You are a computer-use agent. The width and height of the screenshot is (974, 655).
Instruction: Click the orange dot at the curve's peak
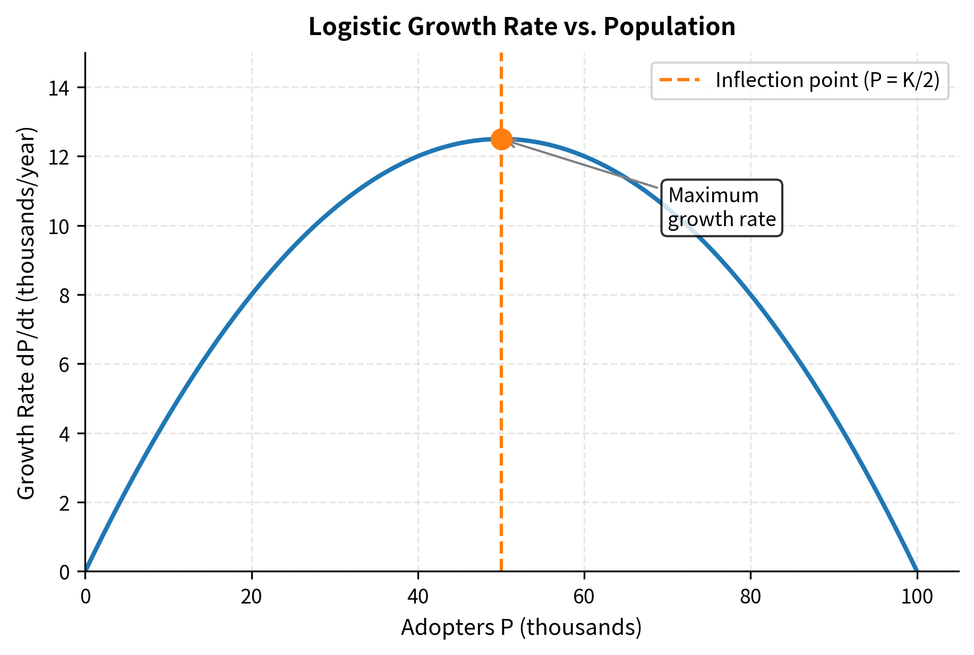point(501,139)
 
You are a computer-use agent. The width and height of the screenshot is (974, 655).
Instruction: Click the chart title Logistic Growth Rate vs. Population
point(522,27)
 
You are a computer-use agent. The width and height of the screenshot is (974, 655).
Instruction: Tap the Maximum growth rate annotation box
point(722,208)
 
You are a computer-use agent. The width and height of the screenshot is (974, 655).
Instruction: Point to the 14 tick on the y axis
point(60,88)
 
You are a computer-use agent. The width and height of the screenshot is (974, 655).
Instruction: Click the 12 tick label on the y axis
point(60,157)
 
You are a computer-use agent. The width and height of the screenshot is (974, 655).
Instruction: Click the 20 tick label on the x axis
point(251,597)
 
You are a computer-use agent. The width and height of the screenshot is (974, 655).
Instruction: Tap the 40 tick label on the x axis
point(418,597)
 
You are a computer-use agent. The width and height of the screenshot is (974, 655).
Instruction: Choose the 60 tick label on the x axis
point(584,597)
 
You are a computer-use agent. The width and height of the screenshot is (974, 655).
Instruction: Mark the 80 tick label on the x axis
point(750,597)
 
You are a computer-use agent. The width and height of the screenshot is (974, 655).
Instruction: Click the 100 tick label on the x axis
point(917,597)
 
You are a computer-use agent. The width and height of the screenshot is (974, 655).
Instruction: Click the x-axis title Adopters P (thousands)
point(522,627)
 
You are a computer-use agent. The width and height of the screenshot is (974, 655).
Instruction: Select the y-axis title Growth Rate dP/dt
point(26,313)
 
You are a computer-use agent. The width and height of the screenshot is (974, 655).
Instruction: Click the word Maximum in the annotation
point(713,196)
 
